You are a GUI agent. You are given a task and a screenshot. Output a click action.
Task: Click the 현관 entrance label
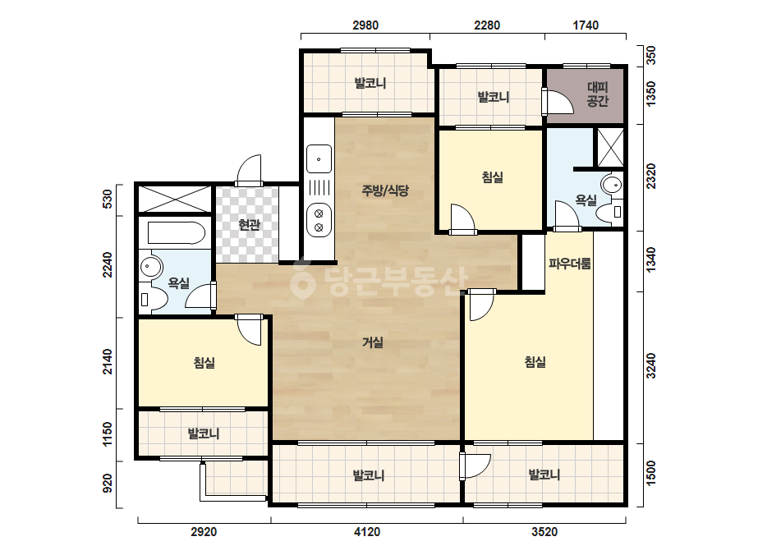pyautogui.click(x=250, y=225)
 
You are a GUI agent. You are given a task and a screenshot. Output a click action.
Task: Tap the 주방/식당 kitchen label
pyautogui.click(x=385, y=190)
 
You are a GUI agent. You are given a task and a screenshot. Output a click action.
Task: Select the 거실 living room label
pyautogui.click(x=373, y=342)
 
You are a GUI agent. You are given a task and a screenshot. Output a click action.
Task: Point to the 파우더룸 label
pyautogui.click(x=569, y=264)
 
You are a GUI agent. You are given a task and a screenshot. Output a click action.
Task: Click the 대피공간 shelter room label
pyautogui.click(x=598, y=94)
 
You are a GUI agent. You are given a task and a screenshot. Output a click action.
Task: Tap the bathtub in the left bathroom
pyautogui.click(x=176, y=233)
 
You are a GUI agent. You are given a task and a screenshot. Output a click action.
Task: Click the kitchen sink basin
pyautogui.click(x=319, y=158)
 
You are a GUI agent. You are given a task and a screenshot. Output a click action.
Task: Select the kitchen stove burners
pyautogui.click(x=319, y=220)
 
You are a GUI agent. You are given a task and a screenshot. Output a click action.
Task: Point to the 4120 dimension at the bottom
pyautogui.click(x=367, y=532)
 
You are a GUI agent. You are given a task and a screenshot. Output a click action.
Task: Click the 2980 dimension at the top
pyautogui.click(x=365, y=25)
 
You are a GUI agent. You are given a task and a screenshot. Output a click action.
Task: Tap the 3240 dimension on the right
pyautogui.click(x=651, y=366)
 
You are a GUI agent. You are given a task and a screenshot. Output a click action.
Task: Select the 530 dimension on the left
pyautogui.click(x=108, y=199)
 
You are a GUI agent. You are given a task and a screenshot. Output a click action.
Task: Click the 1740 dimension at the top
pyautogui.click(x=586, y=25)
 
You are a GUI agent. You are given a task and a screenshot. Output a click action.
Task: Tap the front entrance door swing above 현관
pyautogui.click(x=249, y=170)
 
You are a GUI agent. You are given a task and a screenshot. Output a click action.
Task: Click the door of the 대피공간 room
pyautogui.click(x=558, y=102)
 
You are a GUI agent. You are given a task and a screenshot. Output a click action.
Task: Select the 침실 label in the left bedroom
pyautogui.click(x=204, y=363)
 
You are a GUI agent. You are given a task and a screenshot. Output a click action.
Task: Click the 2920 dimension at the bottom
pyautogui.click(x=204, y=532)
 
